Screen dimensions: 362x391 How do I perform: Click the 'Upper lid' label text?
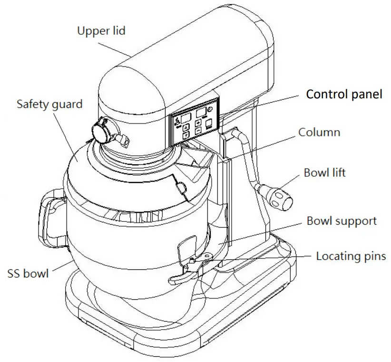(101, 31)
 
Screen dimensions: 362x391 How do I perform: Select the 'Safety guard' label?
(49, 104)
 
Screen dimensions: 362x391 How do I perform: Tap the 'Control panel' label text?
(343, 94)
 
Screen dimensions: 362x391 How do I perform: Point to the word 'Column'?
(319, 132)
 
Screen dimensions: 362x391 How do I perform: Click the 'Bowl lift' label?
(324, 172)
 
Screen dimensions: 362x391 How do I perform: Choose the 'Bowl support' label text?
(342, 220)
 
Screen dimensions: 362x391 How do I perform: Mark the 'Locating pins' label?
(351, 257)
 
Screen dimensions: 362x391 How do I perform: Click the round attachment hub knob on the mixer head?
(101, 130)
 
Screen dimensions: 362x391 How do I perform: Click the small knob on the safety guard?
(181, 188)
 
